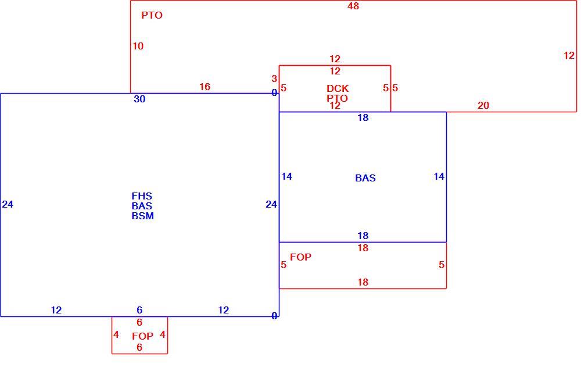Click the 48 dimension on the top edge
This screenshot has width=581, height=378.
(x=353, y=6)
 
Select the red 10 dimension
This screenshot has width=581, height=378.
(x=138, y=46)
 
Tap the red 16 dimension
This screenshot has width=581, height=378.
(x=205, y=87)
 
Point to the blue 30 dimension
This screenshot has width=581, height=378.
(x=139, y=99)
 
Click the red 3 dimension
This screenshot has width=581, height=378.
(x=274, y=79)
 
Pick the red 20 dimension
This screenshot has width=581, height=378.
(x=483, y=105)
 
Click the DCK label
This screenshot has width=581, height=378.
(x=338, y=88)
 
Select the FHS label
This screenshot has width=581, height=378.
(x=142, y=196)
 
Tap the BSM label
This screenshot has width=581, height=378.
(x=143, y=216)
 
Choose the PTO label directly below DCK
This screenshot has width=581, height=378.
(x=337, y=98)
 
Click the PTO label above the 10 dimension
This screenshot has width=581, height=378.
(x=152, y=15)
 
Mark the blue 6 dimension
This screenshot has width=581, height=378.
(x=139, y=310)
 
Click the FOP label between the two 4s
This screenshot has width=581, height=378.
(x=143, y=336)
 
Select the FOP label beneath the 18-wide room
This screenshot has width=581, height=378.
(x=300, y=257)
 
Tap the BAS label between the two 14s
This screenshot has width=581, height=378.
(x=365, y=178)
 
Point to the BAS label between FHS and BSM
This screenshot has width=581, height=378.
(x=142, y=206)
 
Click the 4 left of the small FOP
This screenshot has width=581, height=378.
(x=116, y=334)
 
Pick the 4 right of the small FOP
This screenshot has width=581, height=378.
(x=162, y=334)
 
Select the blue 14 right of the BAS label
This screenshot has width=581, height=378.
(x=439, y=176)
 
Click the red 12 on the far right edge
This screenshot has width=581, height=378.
(x=569, y=55)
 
